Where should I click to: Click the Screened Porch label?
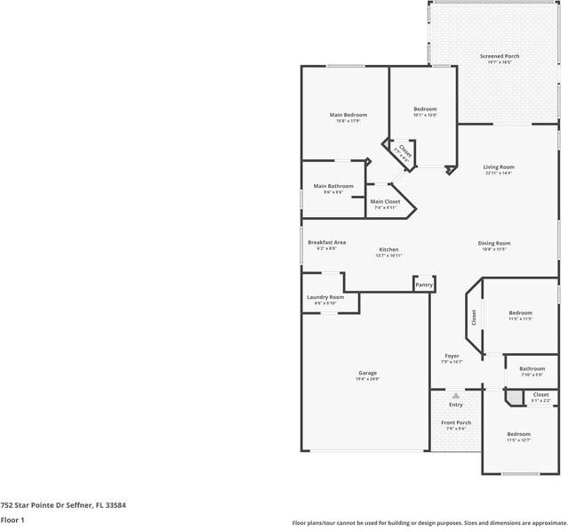(x=500, y=56)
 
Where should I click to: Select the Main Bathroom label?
(x=333, y=186)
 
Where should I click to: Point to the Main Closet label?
(x=385, y=201)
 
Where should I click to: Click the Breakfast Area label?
(x=326, y=242)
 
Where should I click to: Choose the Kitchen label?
(x=389, y=249)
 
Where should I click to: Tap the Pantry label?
(x=424, y=285)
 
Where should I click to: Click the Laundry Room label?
(x=324, y=297)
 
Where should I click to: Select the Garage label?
(x=367, y=373)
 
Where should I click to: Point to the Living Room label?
(x=499, y=166)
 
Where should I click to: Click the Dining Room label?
(x=495, y=243)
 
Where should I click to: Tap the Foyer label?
(x=452, y=355)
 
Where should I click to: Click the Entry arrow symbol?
(x=455, y=395)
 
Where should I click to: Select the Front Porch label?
(x=457, y=423)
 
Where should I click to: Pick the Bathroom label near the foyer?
(x=532, y=368)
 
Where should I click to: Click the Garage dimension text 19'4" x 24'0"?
(x=368, y=379)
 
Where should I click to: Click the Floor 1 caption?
(x=12, y=519)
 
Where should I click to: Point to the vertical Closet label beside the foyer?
(x=474, y=318)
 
